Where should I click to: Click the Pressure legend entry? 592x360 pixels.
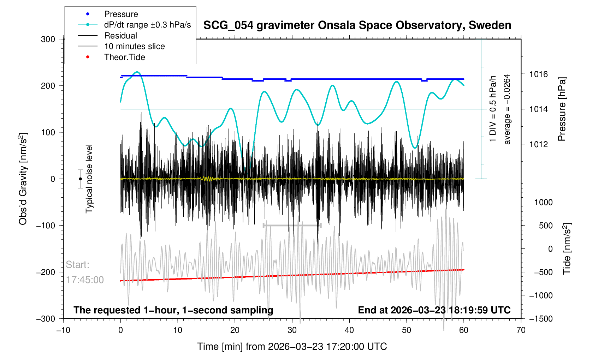[x=121, y=14]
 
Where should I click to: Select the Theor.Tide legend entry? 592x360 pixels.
[x=124, y=57]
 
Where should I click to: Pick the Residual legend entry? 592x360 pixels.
[x=120, y=36]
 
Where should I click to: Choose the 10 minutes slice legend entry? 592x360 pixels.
[x=134, y=46]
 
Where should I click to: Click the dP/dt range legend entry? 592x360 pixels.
[x=147, y=25]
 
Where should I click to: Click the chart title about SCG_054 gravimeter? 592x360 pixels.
[x=357, y=25]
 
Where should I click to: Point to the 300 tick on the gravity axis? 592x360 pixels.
[x=48, y=39]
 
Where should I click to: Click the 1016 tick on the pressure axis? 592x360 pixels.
[x=538, y=74]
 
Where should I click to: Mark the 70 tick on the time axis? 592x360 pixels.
[x=521, y=330]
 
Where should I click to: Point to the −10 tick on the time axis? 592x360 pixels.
[x=63, y=330]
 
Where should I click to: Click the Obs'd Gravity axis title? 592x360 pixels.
[x=23, y=179]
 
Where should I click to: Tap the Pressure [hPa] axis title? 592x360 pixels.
[x=562, y=109]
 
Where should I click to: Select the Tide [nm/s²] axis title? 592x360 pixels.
[x=567, y=248]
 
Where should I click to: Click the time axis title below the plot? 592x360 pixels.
[x=292, y=347]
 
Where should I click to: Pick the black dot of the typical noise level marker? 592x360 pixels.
[x=80, y=179]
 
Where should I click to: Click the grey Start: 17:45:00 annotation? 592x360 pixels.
[x=85, y=272]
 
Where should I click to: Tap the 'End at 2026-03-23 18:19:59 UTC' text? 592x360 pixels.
[x=434, y=310]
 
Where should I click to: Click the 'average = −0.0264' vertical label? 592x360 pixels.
[x=507, y=109]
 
